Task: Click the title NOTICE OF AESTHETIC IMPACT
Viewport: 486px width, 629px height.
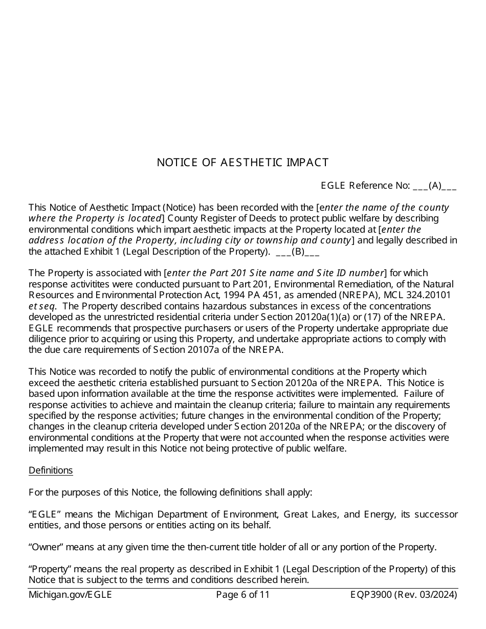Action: pyautogui.click(x=242, y=163)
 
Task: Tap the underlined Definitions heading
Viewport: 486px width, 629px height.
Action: pyautogui.click(x=51, y=470)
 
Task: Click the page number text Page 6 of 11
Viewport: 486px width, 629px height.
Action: pyautogui.click(x=242, y=595)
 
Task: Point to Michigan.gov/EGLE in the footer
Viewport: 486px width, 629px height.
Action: pyautogui.click(x=70, y=595)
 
